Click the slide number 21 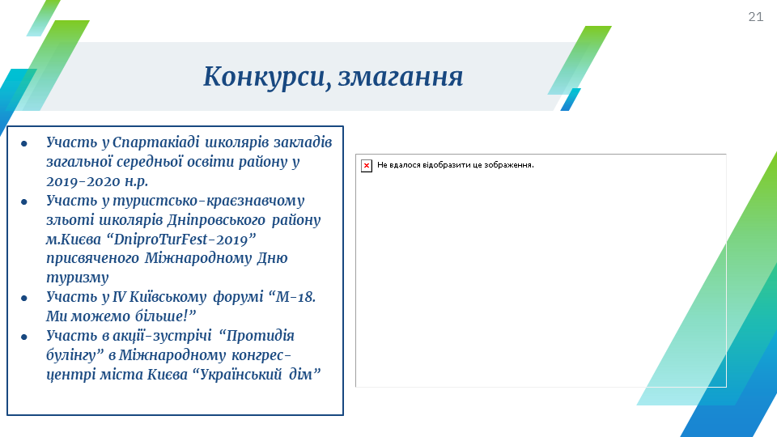(x=756, y=17)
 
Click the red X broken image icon (x=366, y=165)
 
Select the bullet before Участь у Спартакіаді (x=24, y=144)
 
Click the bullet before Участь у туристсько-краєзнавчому (x=24, y=202)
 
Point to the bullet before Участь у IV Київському (x=24, y=299)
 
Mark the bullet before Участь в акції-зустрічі (x=24, y=337)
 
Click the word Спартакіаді (x=155, y=142)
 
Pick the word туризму (x=78, y=278)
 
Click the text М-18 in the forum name (x=295, y=297)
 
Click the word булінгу (x=71, y=355)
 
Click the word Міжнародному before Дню (x=198, y=259)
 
